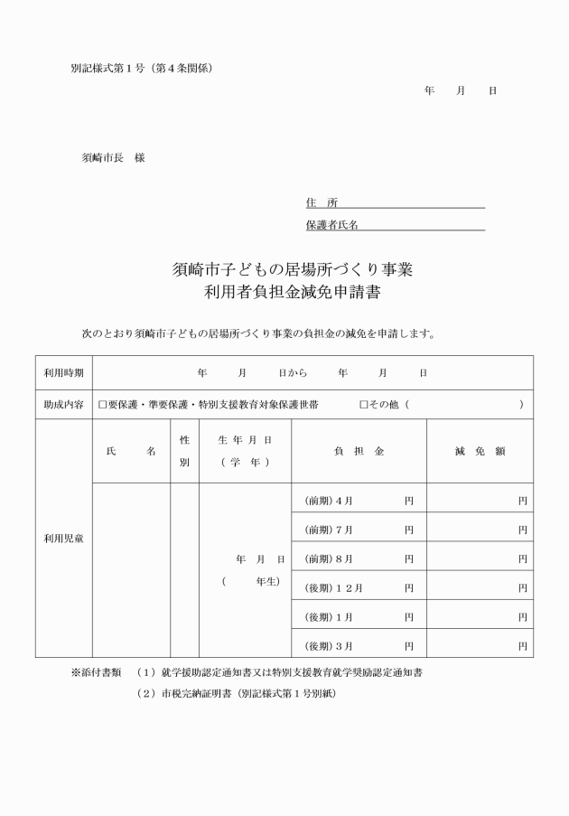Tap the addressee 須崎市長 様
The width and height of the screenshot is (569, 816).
[113, 157]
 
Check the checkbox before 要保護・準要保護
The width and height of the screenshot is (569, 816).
[102, 405]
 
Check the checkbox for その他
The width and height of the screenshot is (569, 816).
[363, 405]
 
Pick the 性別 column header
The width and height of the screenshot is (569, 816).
[184, 450]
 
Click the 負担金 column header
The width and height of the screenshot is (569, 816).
[359, 451]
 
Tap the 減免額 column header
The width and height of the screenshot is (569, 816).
[480, 451]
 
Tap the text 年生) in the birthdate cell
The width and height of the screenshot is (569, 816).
[268, 581]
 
